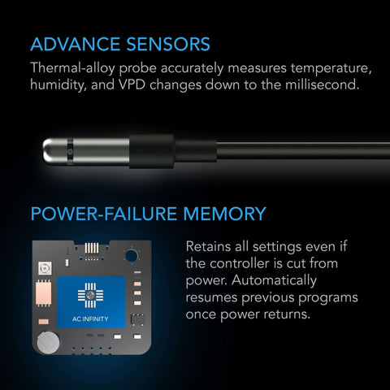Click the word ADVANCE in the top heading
pyautogui.click(x=76, y=44)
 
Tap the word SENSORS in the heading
pyautogui.click(x=168, y=44)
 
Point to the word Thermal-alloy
pyautogui.click(x=73, y=68)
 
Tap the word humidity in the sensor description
pyautogui.click(x=58, y=85)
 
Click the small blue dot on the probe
pyautogui.click(x=71, y=152)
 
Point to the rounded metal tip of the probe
pyautogui.click(x=49, y=151)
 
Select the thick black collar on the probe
pyautogui.click(x=152, y=151)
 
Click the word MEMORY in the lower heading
pyautogui.click(x=224, y=214)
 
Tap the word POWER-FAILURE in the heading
pyautogui.click(x=104, y=214)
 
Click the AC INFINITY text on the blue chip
pyautogui.click(x=90, y=319)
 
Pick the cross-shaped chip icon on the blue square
pyautogui.click(x=90, y=296)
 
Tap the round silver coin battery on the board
pyautogui.click(x=48, y=342)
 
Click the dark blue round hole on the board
pyautogui.click(x=132, y=256)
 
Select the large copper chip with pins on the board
pyautogui.click(x=44, y=293)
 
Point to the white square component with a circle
pyautogui.click(x=45, y=268)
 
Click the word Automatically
pyautogui.click(x=274, y=280)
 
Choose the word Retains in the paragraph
pyautogui.click(x=208, y=246)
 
